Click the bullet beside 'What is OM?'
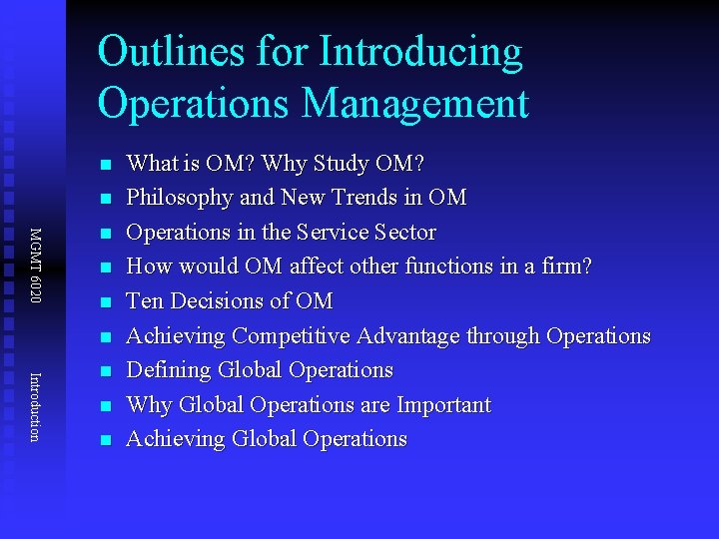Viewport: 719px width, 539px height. [104, 164]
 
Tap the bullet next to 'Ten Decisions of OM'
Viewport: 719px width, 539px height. [104, 301]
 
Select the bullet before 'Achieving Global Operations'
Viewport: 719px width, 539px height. [104, 440]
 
